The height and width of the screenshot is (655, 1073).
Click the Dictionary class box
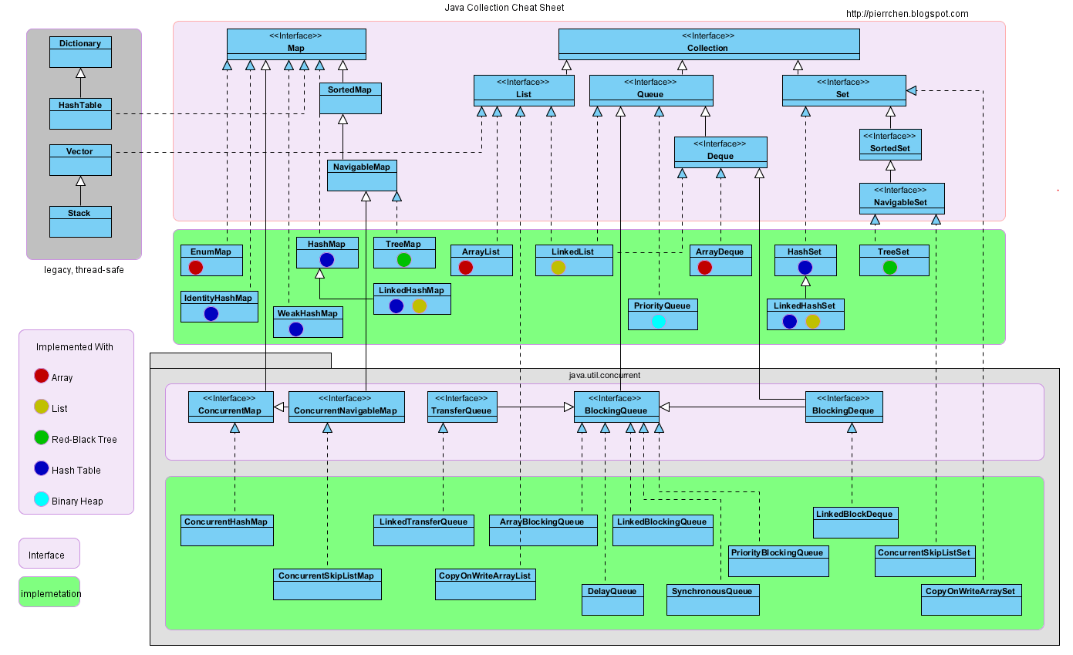click(x=80, y=52)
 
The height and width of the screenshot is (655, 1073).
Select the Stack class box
click(x=80, y=221)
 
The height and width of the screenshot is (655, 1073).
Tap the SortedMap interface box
click(x=350, y=98)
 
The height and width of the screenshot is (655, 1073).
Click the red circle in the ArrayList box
click(x=465, y=267)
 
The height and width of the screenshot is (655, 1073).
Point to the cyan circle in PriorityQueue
click(x=658, y=321)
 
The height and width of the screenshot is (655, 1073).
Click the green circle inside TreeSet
click(x=889, y=267)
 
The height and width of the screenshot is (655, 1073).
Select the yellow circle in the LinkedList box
click(x=558, y=267)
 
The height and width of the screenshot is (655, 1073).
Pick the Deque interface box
click(x=720, y=152)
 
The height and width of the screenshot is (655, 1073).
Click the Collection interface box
click(x=708, y=44)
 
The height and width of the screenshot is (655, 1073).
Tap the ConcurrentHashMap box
click(x=227, y=530)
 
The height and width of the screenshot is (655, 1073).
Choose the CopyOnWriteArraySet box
click(x=971, y=599)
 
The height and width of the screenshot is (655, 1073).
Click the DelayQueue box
click(x=612, y=599)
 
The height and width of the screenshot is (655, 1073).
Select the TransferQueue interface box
click(x=461, y=407)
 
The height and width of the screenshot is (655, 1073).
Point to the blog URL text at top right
click(x=907, y=14)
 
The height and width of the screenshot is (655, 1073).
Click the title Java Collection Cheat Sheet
click(x=504, y=8)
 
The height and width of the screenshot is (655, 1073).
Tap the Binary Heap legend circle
click(x=42, y=499)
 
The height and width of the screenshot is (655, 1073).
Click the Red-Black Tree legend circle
click(x=42, y=437)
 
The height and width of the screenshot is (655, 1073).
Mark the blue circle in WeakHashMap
click(x=295, y=329)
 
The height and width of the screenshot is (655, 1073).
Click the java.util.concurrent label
click(x=604, y=375)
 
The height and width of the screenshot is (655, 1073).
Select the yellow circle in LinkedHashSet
click(x=812, y=321)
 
